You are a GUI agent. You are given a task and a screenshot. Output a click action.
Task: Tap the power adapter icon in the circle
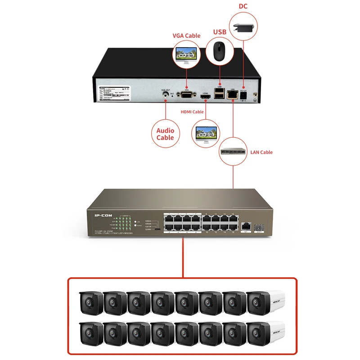tap(244, 26)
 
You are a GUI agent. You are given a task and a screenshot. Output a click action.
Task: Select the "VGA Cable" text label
tap(186, 36)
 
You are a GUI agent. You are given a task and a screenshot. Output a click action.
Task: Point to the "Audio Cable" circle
tap(165, 134)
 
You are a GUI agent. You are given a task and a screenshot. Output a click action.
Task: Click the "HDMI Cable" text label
tap(192, 112)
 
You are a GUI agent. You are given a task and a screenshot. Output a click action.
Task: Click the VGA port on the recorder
tap(186, 95)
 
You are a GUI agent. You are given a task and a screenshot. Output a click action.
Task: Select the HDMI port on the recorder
tap(206, 96)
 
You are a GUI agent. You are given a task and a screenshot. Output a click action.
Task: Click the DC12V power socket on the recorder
tap(243, 96)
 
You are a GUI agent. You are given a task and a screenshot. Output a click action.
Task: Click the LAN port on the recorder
tap(233, 94)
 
